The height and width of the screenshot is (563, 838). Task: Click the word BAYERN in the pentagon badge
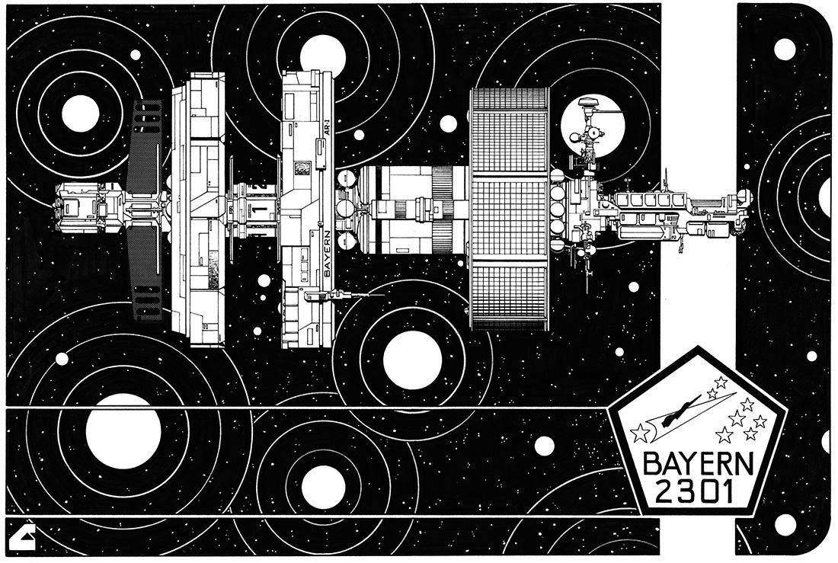[x=698, y=465]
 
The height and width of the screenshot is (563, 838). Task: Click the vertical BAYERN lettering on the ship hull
[x=328, y=252]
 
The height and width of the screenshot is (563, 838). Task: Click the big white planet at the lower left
[x=123, y=432]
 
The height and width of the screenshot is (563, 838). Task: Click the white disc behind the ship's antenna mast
[x=593, y=126]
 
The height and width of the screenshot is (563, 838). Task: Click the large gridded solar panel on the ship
[x=510, y=209]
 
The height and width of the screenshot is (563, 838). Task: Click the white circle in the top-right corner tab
[x=784, y=49]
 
